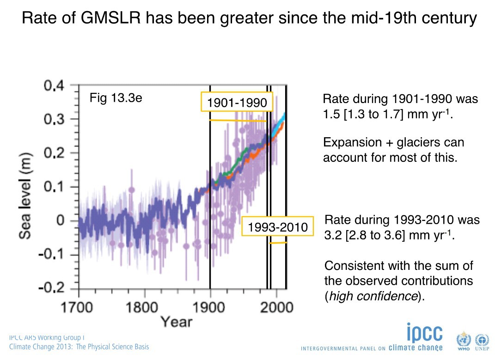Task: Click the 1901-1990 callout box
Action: [237, 102]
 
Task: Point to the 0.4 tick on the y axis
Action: [54, 86]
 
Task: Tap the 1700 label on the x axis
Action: [79, 307]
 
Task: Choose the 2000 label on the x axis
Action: [276, 307]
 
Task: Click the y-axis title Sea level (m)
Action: [25, 187]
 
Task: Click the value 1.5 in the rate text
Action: [331, 114]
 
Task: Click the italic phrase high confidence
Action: [372, 296]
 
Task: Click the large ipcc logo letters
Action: [424, 333]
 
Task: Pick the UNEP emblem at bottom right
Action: [481, 340]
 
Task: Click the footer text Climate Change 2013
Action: [43, 347]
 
